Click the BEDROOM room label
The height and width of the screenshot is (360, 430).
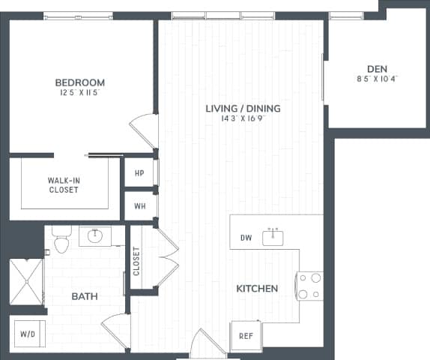click(x=79, y=82)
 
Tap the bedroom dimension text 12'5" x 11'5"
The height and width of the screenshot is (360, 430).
click(x=79, y=93)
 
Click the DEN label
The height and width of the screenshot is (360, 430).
click(x=377, y=68)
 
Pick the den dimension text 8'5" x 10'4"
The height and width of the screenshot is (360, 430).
click(x=377, y=79)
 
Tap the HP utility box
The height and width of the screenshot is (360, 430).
click(x=139, y=173)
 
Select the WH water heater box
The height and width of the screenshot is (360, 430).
click(x=139, y=205)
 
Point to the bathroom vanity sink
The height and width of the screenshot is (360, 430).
click(x=95, y=236)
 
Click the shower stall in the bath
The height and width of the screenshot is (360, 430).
click(x=27, y=281)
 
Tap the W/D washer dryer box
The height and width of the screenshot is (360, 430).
click(x=28, y=334)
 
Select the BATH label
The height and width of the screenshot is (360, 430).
click(x=85, y=297)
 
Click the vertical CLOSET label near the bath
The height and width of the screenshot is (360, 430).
click(x=137, y=261)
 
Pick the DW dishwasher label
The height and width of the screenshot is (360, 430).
click(x=246, y=238)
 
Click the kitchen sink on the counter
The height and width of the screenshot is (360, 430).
click(x=273, y=238)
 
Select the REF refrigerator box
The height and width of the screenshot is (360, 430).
click(x=245, y=335)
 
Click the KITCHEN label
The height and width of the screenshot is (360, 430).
click(x=257, y=289)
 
